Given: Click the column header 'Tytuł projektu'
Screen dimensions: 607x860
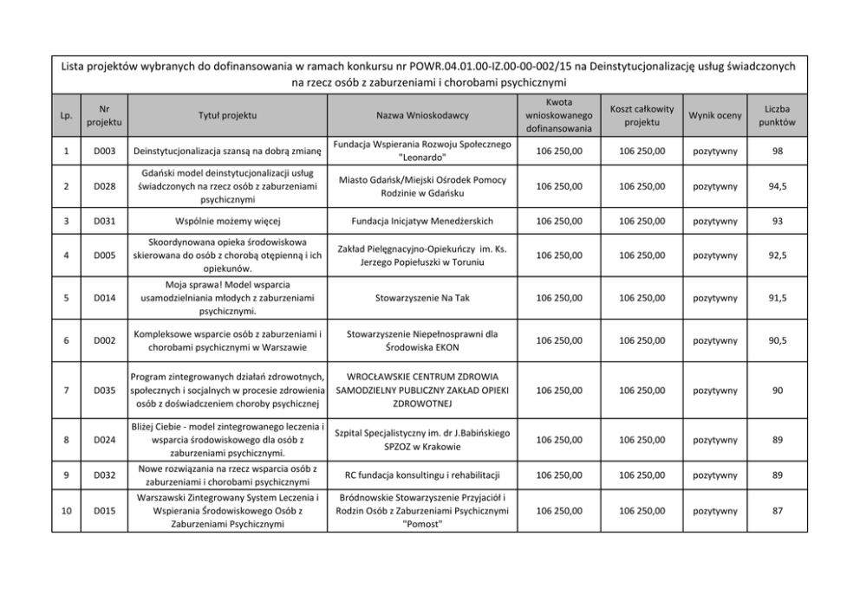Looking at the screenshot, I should pos(226,115).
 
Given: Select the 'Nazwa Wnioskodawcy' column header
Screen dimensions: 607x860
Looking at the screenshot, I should pos(422,115).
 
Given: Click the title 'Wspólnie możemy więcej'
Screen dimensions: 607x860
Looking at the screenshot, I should pos(226,221).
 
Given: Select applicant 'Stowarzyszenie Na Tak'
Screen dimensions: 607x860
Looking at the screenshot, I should pos(422,297).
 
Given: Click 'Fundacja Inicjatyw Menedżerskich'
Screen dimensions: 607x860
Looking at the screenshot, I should pos(422,221).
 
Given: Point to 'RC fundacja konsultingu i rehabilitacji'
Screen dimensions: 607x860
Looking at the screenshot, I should pos(422,475).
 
